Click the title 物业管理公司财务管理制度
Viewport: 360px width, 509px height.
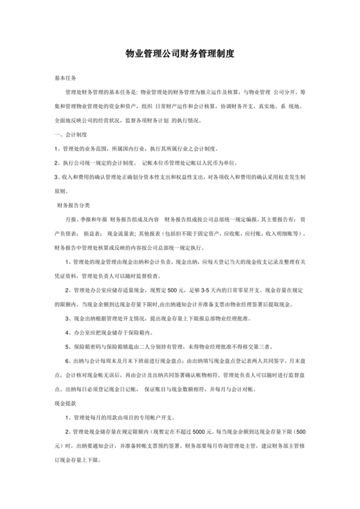(179, 56)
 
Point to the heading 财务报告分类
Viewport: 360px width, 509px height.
(74, 206)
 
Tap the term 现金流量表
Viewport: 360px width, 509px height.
(122, 235)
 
